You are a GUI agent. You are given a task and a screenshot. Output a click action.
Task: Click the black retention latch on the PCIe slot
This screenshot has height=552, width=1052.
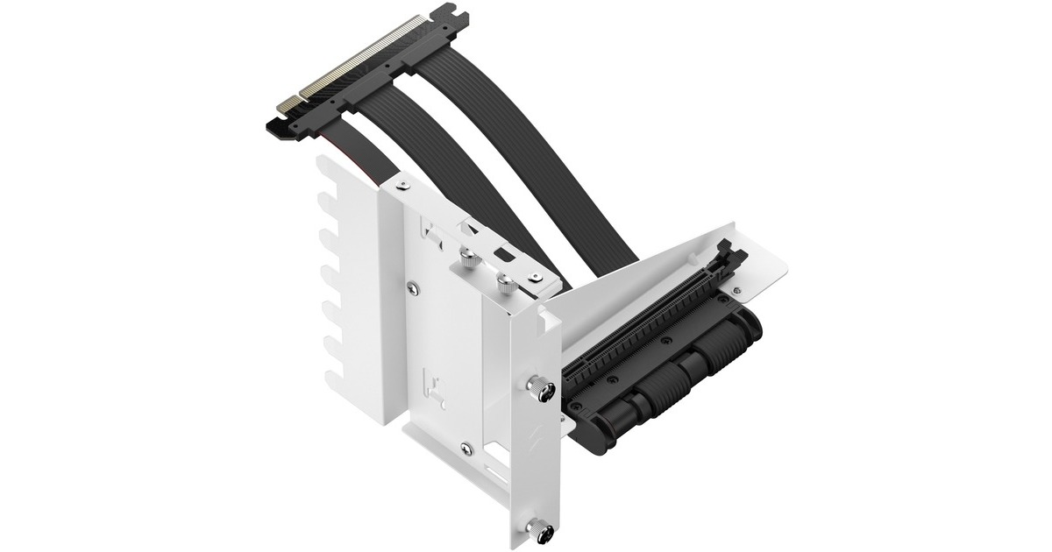coord(731,258)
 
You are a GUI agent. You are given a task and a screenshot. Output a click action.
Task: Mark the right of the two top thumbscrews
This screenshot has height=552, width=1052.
coord(507,282)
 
